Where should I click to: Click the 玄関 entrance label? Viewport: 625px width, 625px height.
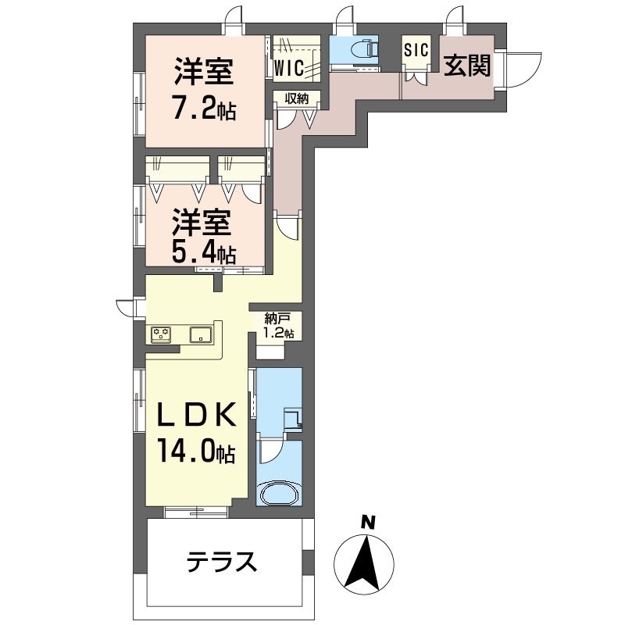coord(468,66)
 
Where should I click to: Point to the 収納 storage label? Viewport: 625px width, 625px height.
coord(296,98)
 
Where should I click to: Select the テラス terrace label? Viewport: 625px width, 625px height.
coord(221,561)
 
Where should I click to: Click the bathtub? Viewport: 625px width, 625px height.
coord(279,495)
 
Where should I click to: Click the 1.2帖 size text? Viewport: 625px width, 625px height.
coord(278,333)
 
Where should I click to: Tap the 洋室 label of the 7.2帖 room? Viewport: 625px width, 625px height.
coord(202,76)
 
